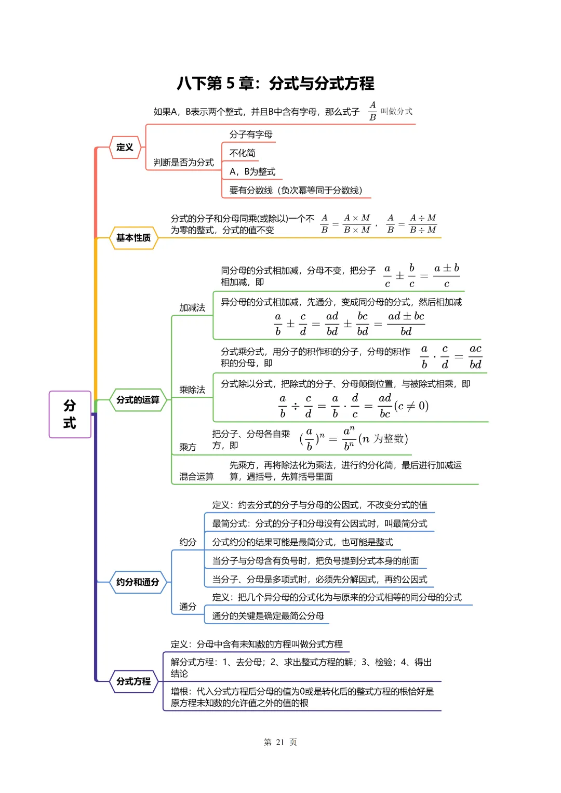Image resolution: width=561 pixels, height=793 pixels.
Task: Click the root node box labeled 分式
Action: (70, 414)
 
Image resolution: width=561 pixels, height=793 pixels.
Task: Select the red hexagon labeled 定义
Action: (125, 147)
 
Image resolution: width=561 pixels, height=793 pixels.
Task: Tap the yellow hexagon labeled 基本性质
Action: (133, 238)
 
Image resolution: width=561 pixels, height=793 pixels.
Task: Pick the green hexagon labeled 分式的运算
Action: (138, 400)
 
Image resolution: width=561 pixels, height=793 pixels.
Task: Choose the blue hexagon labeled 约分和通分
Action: (138, 582)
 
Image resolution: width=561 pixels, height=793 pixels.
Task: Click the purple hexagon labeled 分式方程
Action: (133, 681)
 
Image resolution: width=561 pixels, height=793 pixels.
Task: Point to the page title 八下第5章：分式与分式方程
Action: (275, 84)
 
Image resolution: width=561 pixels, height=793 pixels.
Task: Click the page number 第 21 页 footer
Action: (280, 742)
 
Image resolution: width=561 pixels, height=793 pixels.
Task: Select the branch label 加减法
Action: (192, 308)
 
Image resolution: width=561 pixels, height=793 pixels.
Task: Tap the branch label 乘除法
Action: (192, 390)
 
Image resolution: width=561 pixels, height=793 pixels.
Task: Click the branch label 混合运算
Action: (196, 477)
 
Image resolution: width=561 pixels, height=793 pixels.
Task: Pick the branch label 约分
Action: (188, 542)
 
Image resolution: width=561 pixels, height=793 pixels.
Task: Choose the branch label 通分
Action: (188, 607)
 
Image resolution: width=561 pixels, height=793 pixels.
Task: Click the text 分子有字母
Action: (251, 135)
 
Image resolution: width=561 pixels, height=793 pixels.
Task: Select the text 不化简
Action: (243, 153)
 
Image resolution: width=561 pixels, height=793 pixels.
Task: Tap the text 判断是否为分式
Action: (183, 163)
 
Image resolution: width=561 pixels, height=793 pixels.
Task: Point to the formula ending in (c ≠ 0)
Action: (354, 406)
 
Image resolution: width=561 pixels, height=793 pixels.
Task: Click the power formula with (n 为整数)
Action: (354, 439)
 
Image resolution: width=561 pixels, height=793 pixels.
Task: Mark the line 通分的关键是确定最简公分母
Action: (268, 616)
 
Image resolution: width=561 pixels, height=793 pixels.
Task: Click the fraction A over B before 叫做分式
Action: (372, 111)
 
